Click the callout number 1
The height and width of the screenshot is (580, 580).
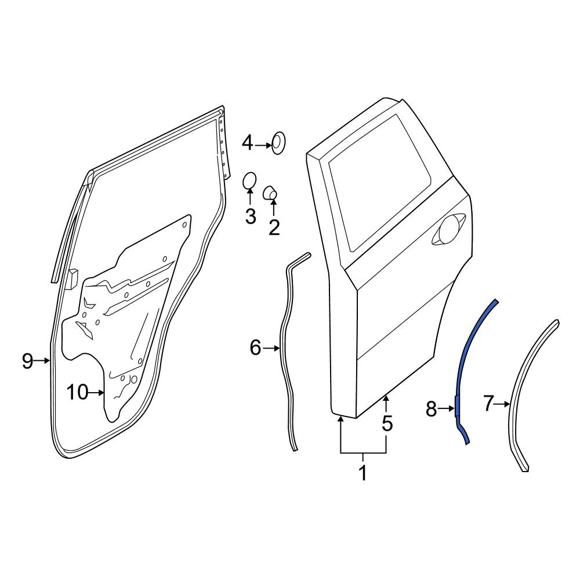tap(363, 473)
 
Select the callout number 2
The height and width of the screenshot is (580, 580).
tap(274, 227)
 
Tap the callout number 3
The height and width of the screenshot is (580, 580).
tap(250, 216)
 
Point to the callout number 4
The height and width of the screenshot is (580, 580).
tap(248, 143)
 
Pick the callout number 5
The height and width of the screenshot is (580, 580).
tap(387, 424)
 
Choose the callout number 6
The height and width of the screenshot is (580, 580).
tap(256, 348)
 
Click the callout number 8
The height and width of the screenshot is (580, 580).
tap(431, 409)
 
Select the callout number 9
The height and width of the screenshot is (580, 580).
tap(28, 361)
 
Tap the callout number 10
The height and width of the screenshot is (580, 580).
tap(77, 393)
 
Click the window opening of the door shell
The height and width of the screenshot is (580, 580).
tap(380, 180)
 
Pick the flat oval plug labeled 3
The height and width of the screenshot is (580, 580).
tap(249, 181)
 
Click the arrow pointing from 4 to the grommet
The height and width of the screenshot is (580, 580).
tap(264, 143)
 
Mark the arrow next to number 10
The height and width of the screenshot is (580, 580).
tap(97, 393)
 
